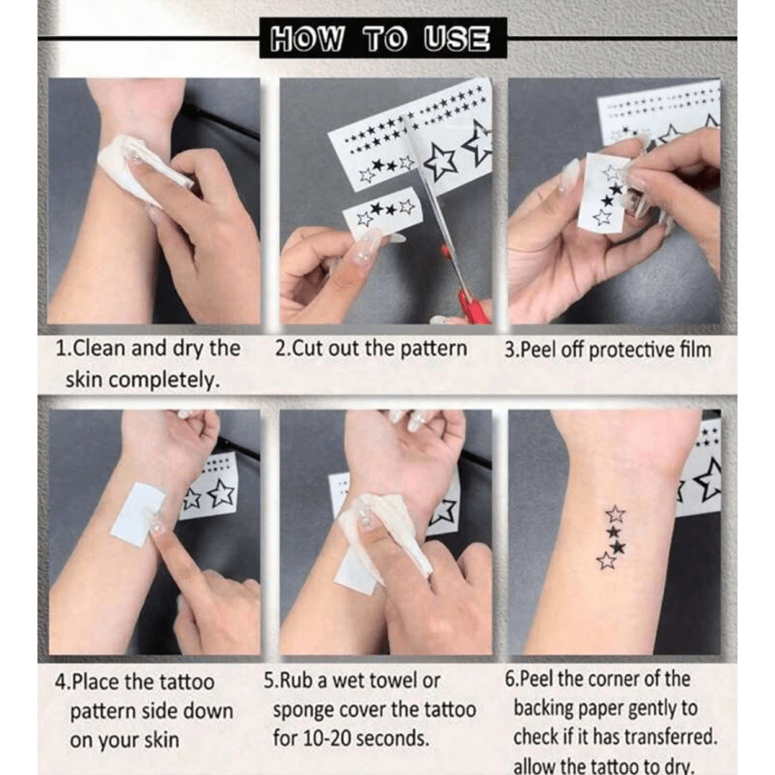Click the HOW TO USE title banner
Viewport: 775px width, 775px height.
[382, 39]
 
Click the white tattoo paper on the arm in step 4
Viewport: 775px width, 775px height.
[138, 513]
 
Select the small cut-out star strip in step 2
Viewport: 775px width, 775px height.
[383, 213]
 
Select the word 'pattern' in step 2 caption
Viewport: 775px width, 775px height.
[435, 350]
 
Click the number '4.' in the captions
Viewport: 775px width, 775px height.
[62, 682]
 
